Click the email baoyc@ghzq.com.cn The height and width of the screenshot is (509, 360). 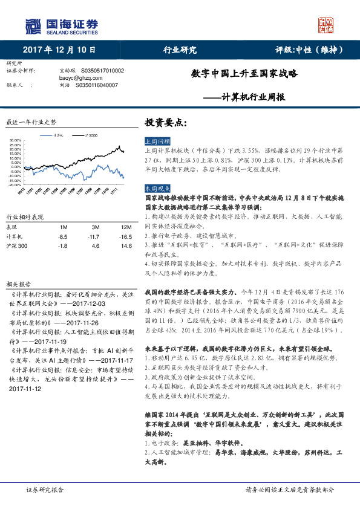coord(77,78)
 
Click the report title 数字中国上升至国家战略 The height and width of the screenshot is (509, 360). coord(245,74)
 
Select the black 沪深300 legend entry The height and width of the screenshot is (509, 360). coord(91,135)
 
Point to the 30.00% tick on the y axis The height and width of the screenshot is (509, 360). coord(16,141)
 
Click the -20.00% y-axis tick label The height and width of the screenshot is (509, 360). coord(16,184)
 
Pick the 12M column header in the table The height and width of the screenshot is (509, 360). coord(126,227)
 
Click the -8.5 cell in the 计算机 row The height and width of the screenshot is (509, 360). coord(63,237)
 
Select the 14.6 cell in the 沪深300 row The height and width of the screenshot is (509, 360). coord(126,247)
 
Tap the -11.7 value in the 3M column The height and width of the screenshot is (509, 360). coord(93,237)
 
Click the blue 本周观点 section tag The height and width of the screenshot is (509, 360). coord(157,188)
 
